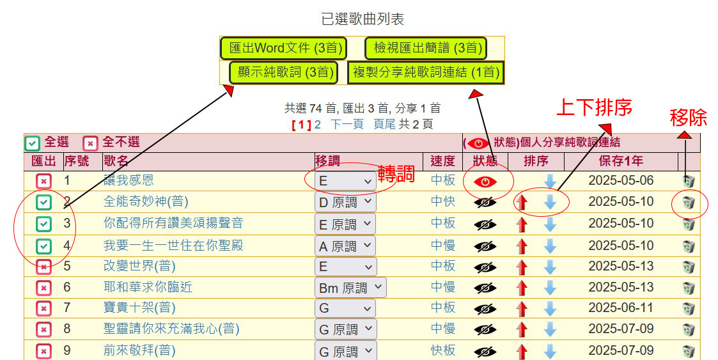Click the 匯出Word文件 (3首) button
pyautogui.click(x=283, y=48)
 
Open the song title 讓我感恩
pyautogui.click(x=129, y=180)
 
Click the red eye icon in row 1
pyautogui.click(x=485, y=182)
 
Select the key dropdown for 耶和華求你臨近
pyautogui.click(x=350, y=288)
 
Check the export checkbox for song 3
pyautogui.click(x=43, y=224)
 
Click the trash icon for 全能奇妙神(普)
pyautogui.click(x=689, y=203)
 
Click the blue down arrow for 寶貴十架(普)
pyautogui.click(x=550, y=309)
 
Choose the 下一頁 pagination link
pyautogui.click(x=347, y=124)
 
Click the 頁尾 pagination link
pyautogui.click(x=384, y=124)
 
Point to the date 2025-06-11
pyautogui.click(x=621, y=308)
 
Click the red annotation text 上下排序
pyautogui.click(x=594, y=107)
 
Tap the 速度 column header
pyautogui.click(x=443, y=160)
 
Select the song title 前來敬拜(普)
pyautogui.click(x=139, y=350)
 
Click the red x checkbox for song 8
pyautogui.click(x=43, y=329)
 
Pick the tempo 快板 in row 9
pyautogui.click(x=443, y=350)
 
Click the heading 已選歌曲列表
pyautogui.click(x=363, y=19)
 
